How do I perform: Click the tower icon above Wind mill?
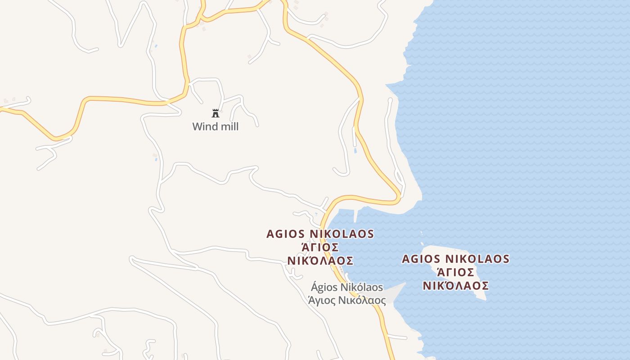[x=216, y=113]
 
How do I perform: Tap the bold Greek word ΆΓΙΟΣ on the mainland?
[x=320, y=247]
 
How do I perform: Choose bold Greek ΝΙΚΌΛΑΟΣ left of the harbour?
[x=320, y=261]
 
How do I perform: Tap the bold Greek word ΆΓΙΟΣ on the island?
[x=455, y=272]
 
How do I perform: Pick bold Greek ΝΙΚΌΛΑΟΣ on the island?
[x=455, y=286]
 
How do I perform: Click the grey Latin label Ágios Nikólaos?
[x=347, y=287]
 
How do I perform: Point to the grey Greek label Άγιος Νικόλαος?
[x=347, y=300]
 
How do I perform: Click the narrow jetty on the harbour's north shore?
[x=356, y=216]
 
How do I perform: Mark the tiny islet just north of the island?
[x=422, y=233]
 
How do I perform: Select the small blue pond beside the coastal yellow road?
[x=355, y=151]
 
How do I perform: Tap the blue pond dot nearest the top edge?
[x=156, y=46]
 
